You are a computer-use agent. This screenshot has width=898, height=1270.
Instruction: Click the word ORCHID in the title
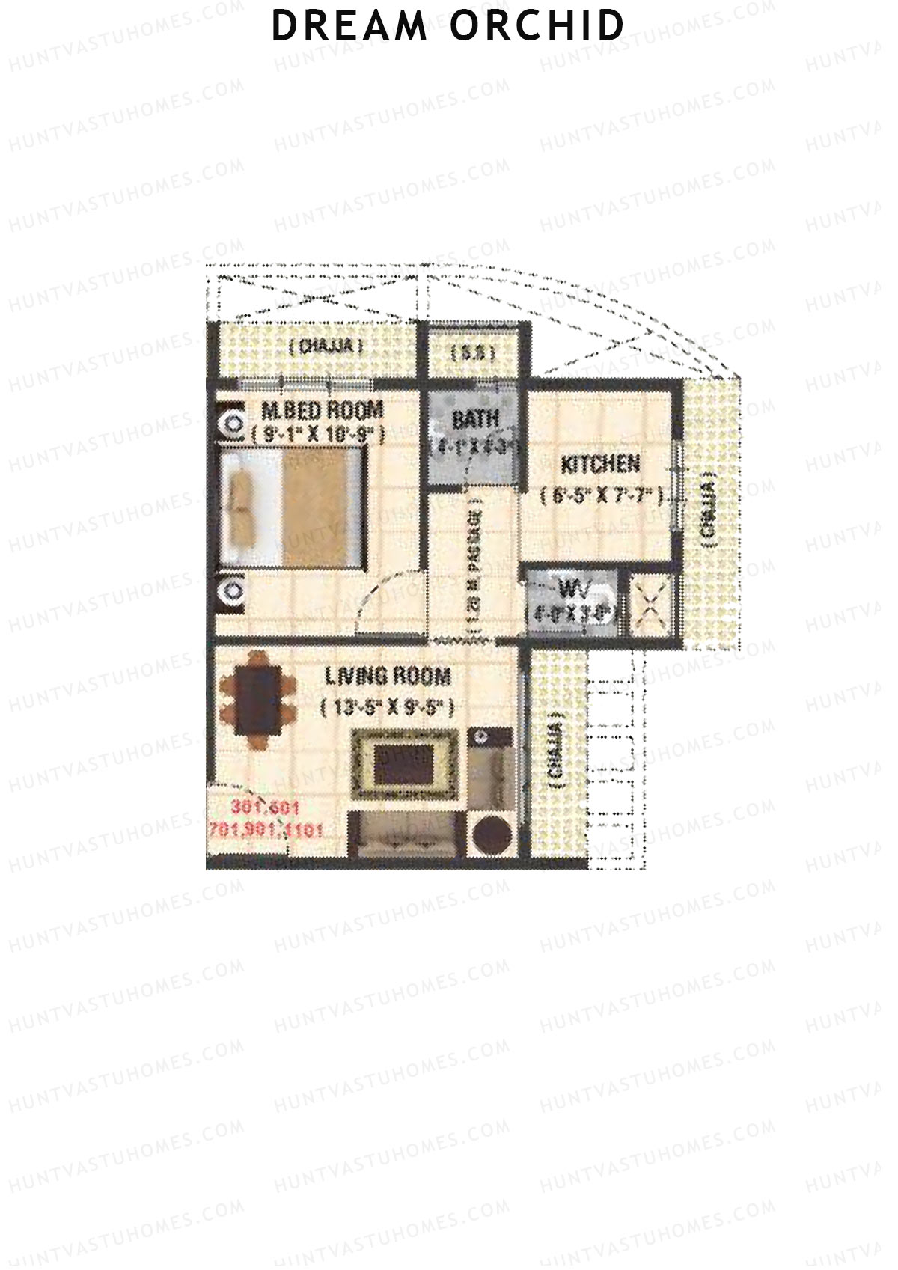point(537,27)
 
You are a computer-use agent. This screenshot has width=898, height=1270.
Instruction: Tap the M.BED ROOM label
point(323,410)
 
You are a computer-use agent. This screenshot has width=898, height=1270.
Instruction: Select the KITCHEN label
point(601,465)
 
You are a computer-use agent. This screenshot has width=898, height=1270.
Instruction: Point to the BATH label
point(475,419)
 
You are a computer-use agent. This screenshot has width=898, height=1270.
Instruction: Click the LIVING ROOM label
point(388,677)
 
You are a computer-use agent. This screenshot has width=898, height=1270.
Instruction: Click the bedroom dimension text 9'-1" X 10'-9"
point(318,434)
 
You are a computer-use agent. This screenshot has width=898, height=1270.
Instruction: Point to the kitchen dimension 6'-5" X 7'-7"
point(602,495)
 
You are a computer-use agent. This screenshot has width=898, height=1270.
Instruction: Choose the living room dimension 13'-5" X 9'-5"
point(387,708)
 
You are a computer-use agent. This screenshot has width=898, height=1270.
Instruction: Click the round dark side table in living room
point(490,835)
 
